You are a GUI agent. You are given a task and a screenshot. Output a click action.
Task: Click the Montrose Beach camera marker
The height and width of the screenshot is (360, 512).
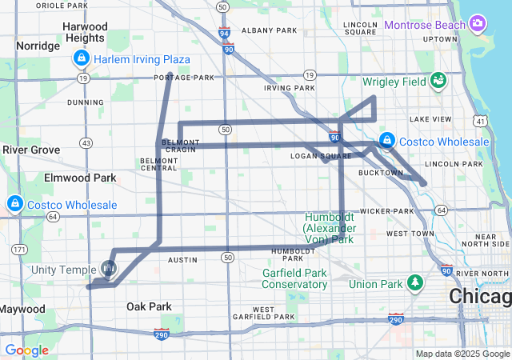click(478, 22)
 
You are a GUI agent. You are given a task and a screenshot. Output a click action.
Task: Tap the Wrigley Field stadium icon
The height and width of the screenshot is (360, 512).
click(438, 80)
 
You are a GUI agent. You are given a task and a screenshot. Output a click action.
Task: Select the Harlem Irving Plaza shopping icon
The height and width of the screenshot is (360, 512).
click(82, 58)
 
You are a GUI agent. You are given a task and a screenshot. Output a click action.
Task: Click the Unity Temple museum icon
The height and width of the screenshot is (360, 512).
click(110, 267)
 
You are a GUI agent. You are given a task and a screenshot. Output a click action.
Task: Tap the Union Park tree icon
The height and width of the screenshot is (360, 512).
click(414, 282)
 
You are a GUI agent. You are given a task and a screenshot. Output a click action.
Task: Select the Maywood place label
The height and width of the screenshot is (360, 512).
click(22, 309)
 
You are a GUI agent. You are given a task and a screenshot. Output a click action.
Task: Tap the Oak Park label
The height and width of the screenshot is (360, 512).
click(149, 306)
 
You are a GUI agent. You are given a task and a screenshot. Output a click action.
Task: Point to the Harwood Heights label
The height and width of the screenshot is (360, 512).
click(85, 32)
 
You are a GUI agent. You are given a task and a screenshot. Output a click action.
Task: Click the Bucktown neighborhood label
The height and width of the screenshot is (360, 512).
click(381, 173)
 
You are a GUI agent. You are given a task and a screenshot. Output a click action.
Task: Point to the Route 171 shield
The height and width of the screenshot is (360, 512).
click(18, 250)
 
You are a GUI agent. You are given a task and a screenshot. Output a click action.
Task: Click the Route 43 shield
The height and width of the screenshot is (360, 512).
click(86, 142)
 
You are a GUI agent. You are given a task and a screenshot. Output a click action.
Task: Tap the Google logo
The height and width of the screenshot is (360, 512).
click(27, 350)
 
